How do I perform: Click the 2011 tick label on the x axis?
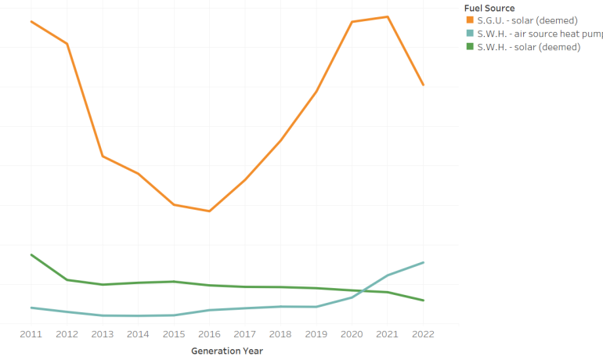31,334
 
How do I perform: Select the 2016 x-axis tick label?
210,334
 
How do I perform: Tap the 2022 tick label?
424,334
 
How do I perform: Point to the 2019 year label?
316,334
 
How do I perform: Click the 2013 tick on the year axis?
103,334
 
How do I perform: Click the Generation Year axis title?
227,351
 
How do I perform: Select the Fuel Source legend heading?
489,9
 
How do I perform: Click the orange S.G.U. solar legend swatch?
470,20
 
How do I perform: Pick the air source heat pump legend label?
540,34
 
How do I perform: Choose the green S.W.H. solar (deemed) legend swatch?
470,47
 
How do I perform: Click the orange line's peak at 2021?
388,16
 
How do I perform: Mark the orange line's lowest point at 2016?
210,211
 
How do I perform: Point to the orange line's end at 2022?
424,85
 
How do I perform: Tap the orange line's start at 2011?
31,21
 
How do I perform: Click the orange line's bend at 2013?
103,157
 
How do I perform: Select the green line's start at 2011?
31,254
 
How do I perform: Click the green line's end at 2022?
424,301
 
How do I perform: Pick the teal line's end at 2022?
424,262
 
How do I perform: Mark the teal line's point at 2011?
31,308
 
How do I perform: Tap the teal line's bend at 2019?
316,307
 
